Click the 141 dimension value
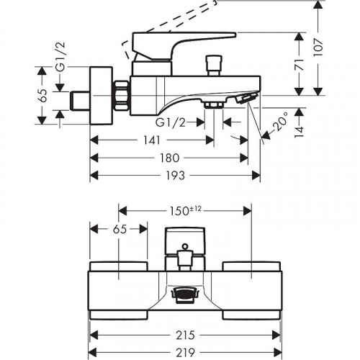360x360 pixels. pyautogui.click(x=152, y=140)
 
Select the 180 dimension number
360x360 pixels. pyautogui.click(x=169, y=158)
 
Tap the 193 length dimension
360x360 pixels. pyautogui.click(x=175, y=176)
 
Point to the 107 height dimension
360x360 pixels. pyautogui.click(x=318, y=48)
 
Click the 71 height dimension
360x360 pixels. pyautogui.click(x=299, y=64)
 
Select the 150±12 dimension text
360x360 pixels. pyautogui.click(x=185, y=211)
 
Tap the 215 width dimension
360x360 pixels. pyautogui.click(x=185, y=335)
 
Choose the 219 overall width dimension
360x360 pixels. pyautogui.click(x=185, y=352)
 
